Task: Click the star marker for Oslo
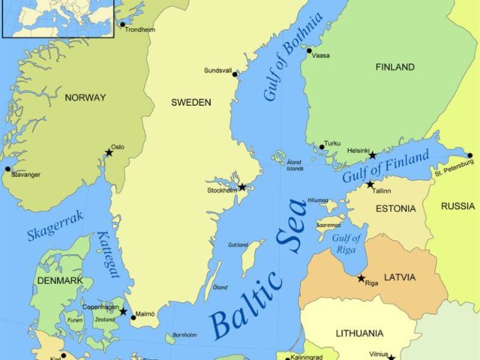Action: click(x=109, y=152)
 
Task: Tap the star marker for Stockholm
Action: click(x=242, y=186)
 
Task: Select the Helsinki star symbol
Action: click(x=372, y=155)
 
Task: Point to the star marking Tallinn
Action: click(x=370, y=184)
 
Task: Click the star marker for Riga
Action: click(x=361, y=278)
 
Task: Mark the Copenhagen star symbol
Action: click(x=123, y=311)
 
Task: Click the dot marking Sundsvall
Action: click(x=235, y=74)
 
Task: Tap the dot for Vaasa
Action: click(x=309, y=51)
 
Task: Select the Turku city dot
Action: click(x=322, y=147)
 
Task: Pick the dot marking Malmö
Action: click(x=133, y=317)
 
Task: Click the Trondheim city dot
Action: click(x=122, y=25)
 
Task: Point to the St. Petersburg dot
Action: click(x=469, y=156)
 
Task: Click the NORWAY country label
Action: click(x=85, y=97)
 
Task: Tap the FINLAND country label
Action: click(x=394, y=67)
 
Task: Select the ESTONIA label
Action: click(x=395, y=209)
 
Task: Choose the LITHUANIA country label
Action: click(x=359, y=333)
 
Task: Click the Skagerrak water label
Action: click(x=55, y=226)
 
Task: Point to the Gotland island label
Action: click(x=238, y=245)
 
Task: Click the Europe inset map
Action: click(x=57, y=18)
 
